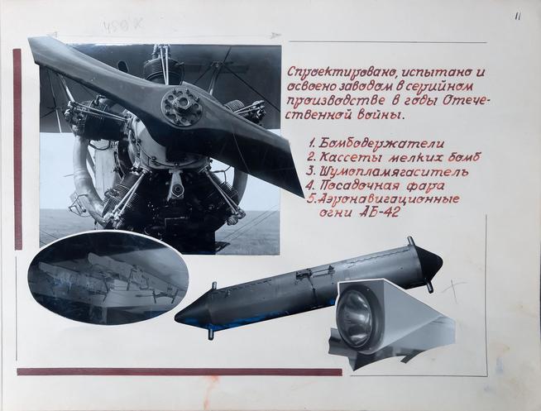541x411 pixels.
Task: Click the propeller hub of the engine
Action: click(181, 106)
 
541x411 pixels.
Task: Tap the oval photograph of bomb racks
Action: click(108, 277)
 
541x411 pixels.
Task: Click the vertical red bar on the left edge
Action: click(17, 149)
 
